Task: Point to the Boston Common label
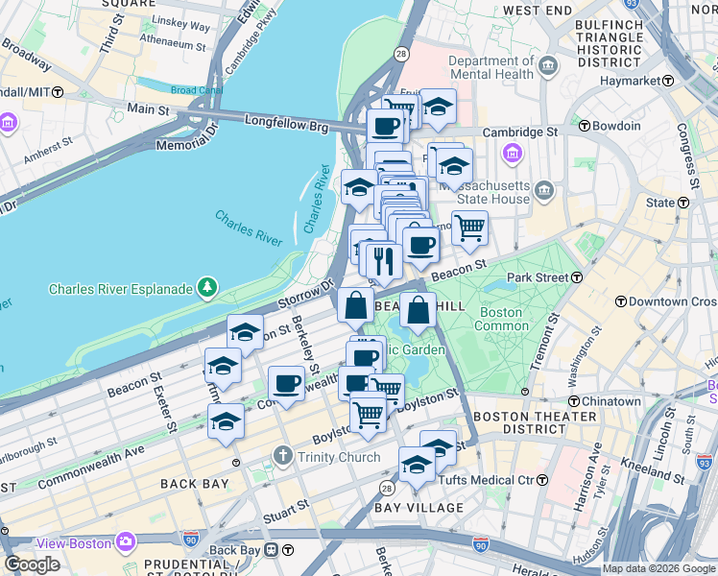tap(500, 320)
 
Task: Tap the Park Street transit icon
tap(578, 277)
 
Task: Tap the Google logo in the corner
tap(32, 564)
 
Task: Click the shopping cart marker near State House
tap(469, 228)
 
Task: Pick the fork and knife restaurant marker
tap(384, 260)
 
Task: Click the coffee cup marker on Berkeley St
tap(286, 384)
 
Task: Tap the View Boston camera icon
tap(126, 542)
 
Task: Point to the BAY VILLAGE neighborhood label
tap(419, 507)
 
